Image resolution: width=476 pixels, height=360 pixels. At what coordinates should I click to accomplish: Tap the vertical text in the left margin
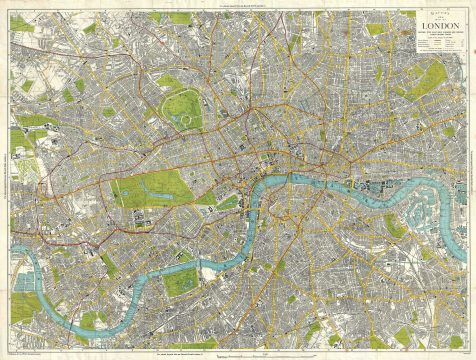[8, 180]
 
